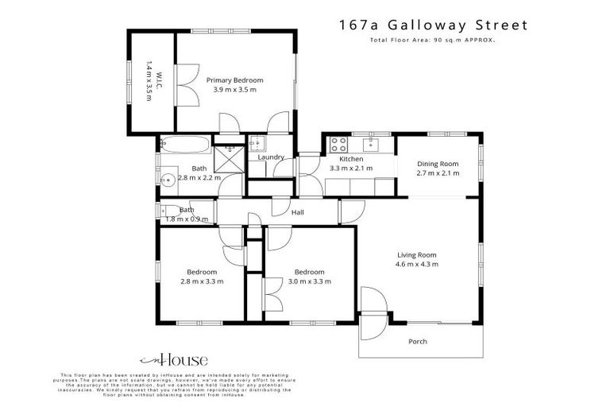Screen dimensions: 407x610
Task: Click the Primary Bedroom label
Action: tap(234, 80)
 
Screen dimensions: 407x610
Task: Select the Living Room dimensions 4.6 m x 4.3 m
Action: tap(417, 264)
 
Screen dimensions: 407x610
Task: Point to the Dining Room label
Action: tap(438, 164)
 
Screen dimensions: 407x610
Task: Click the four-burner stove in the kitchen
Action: tap(338, 145)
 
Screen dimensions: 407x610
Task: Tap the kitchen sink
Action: tap(371, 145)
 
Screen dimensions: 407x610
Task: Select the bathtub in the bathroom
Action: tap(184, 145)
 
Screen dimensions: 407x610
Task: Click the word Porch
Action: tap(417, 342)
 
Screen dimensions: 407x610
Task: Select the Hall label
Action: tap(298, 212)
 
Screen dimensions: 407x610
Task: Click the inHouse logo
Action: tap(163, 359)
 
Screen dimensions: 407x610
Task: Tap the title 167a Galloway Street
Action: tap(432, 25)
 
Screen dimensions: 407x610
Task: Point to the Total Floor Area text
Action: tap(432, 40)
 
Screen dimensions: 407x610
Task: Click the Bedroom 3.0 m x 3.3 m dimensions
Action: tap(309, 281)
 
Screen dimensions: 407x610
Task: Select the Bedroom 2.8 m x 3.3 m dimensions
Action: tap(202, 281)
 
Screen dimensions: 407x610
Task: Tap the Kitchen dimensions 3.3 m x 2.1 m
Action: tap(351, 168)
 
